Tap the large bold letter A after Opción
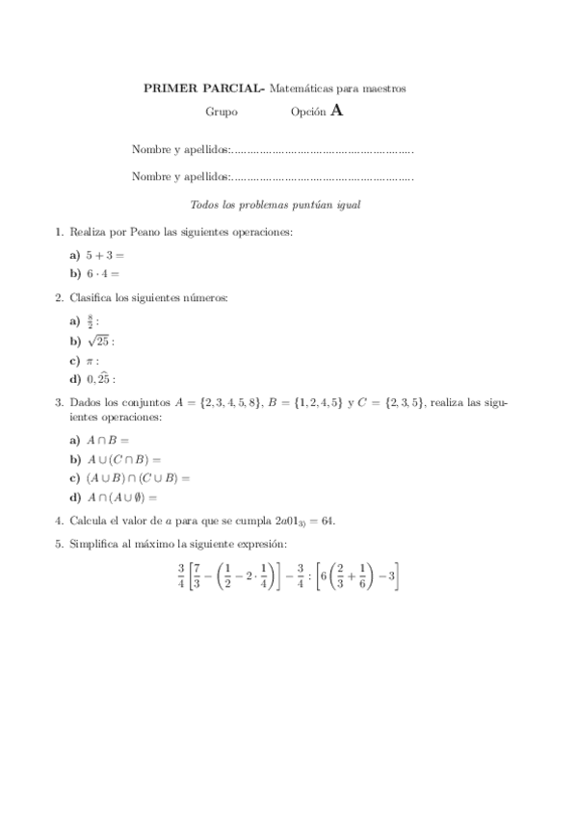[336, 111]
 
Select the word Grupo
[222, 113]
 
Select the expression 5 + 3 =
[105, 256]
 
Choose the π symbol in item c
[90, 361]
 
